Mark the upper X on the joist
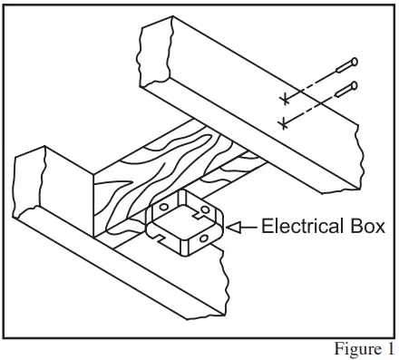coord(285,96)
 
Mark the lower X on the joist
coord(285,120)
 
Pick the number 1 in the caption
coord(390,348)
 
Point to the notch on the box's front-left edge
coord(160,238)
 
